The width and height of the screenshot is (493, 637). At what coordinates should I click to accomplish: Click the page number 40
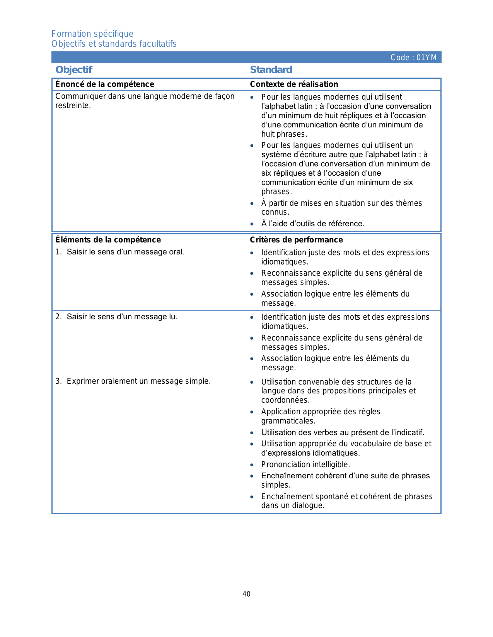coord(246,594)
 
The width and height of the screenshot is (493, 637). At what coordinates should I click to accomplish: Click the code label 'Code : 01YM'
coord(413,58)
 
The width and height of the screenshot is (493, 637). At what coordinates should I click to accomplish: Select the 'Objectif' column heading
coord(74,70)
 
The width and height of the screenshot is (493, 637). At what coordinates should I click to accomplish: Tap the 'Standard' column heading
coord(271,70)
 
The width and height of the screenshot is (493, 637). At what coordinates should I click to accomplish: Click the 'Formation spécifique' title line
coord(92,34)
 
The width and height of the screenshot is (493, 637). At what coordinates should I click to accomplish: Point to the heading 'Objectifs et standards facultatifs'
coord(114,44)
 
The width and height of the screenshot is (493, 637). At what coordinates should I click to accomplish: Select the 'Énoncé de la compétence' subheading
coord(105,84)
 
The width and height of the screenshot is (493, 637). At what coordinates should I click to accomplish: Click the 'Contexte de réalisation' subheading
coord(294,84)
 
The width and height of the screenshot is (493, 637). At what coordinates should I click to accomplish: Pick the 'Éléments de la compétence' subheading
coord(108,240)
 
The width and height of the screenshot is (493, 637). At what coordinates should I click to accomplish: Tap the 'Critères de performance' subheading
coord(296,240)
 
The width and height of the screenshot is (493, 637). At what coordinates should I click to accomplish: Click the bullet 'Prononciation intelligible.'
coord(305,464)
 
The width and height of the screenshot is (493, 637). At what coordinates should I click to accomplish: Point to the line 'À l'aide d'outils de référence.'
coord(313,224)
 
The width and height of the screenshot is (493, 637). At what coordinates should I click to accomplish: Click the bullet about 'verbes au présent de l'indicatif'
coord(343,432)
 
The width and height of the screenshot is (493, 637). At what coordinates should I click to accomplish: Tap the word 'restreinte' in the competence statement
coord(73,106)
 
